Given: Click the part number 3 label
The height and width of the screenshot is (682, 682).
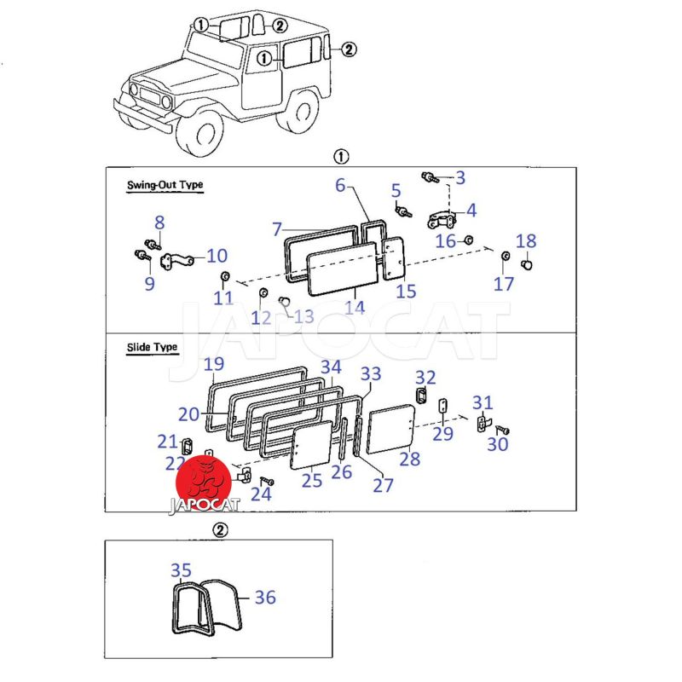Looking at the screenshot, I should pyautogui.click(x=460, y=177).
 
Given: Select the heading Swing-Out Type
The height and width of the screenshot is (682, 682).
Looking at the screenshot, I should pyautogui.click(x=165, y=185).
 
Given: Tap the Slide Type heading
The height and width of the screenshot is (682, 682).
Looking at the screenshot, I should pyautogui.click(x=152, y=347).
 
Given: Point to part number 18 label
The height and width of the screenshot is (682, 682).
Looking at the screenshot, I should pyautogui.click(x=526, y=241).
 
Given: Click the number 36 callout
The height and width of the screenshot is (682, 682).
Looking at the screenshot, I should pyautogui.click(x=265, y=598).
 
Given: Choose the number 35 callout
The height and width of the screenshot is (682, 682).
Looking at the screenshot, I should pyautogui.click(x=181, y=569).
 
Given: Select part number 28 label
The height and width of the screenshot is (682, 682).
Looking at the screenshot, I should pyautogui.click(x=410, y=459).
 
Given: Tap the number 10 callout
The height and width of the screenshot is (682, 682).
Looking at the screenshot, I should pyautogui.click(x=217, y=255).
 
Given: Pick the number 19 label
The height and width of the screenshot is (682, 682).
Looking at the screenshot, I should pyautogui.click(x=213, y=365).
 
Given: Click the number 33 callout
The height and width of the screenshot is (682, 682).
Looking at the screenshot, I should pyautogui.click(x=371, y=373).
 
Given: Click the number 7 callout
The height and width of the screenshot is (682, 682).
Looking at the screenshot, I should pyautogui.click(x=277, y=228).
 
